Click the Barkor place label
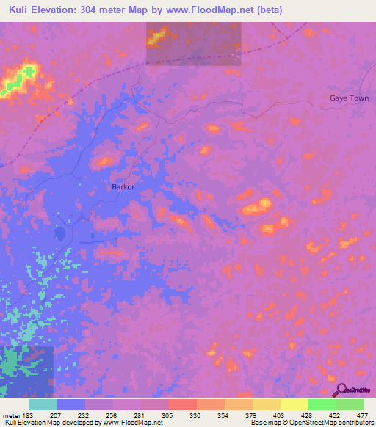click(123, 187)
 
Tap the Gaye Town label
click(349, 98)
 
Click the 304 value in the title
click(98, 10)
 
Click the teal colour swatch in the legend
click(43, 404)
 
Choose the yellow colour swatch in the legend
click(294, 404)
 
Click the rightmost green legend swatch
click(350, 404)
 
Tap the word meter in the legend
click(12, 415)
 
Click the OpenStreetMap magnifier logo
click(340, 390)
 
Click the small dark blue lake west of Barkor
click(58, 234)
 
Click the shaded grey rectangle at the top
click(193, 43)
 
